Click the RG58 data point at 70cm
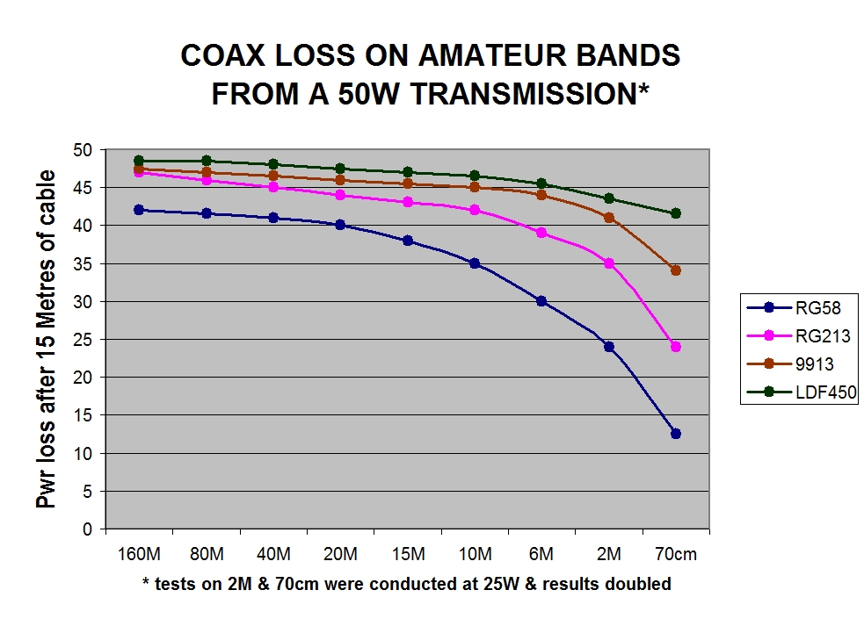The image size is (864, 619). coord(676,434)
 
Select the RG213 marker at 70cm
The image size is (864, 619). coord(676,347)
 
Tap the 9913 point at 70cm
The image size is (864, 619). coord(676,270)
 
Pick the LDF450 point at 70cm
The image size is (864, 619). coord(676,213)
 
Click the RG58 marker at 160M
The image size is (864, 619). coord(139,210)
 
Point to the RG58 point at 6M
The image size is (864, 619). coord(541,301)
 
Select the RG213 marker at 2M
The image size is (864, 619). coord(609,263)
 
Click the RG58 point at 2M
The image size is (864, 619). coord(609,347)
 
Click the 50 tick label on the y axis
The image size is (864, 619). coord(87,150)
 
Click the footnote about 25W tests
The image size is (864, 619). coord(406,584)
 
